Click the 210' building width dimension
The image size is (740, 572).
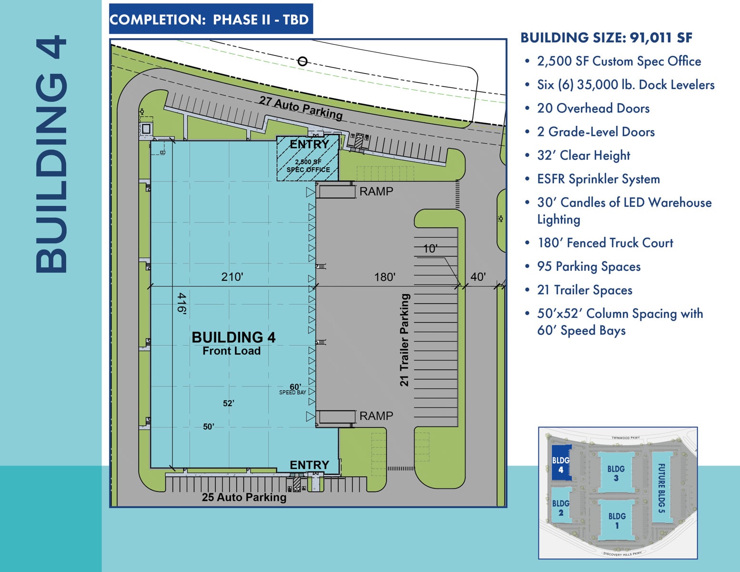[x=232, y=277]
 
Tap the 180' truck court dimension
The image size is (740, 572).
[x=385, y=277]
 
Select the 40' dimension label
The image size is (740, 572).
[x=478, y=277]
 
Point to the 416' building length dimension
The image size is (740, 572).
[x=182, y=303]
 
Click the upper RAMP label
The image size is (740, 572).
[x=376, y=192]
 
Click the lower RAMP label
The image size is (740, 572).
[x=376, y=416]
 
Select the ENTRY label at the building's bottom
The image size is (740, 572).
[x=309, y=465]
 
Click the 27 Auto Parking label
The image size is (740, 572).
[x=301, y=107]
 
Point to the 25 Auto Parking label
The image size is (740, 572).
[x=244, y=497]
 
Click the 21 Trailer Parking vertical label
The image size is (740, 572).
[x=404, y=339]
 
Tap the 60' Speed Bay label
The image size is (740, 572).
[x=294, y=389]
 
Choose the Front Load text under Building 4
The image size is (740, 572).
[x=232, y=351]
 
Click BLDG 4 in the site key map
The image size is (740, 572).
[x=561, y=465]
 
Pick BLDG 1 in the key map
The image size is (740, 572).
[x=617, y=521]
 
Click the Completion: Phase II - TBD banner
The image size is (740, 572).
[x=211, y=20]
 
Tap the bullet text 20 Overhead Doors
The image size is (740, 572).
[x=593, y=108]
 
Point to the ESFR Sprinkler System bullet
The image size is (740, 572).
[x=598, y=179]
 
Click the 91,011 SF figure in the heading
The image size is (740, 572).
[x=661, y=38]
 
